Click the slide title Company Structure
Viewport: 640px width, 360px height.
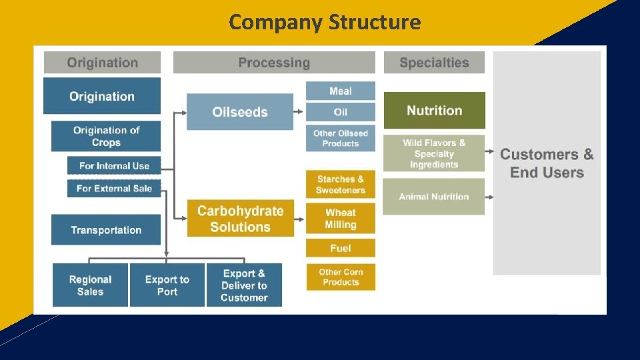click(325, 22)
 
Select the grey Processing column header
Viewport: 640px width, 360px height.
click(274, 63)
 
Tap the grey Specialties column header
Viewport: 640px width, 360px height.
click(434, 63)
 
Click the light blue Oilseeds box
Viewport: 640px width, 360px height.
click(240, 112)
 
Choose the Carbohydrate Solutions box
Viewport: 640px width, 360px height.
click(240, 219)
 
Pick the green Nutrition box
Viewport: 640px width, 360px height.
click(434, 111)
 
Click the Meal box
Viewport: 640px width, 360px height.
click(341, 91)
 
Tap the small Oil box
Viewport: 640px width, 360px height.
click(341, 112)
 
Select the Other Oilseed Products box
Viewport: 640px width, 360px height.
click(341, 138)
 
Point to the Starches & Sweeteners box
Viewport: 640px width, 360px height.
click(341, 185)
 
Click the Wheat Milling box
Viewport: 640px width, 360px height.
click(341, 219)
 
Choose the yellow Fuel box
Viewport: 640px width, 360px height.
click(341, 248)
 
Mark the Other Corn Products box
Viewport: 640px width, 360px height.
click(341, 277)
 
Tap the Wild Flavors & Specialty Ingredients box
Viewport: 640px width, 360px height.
click(434, 153)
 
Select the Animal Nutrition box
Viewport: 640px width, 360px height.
click(434, 197)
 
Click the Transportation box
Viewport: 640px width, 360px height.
click(106, 230)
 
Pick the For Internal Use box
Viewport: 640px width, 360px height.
click(114, 165)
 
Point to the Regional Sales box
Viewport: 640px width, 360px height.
click(90, 285)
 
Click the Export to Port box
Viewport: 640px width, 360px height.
click(167, 285)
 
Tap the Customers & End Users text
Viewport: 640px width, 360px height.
click(547, 163)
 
